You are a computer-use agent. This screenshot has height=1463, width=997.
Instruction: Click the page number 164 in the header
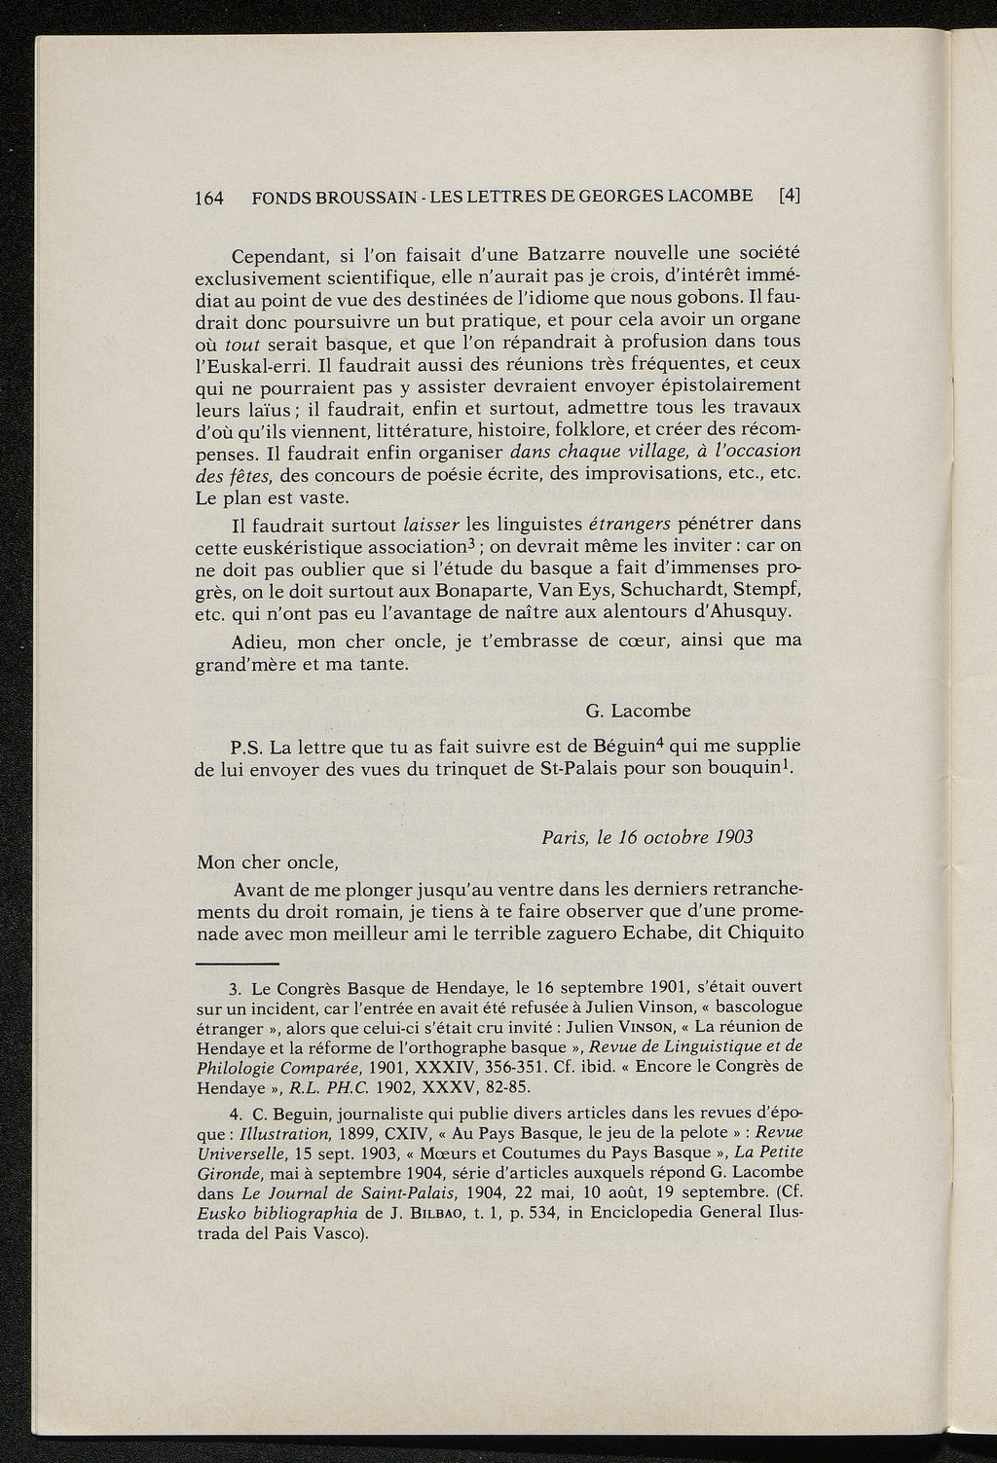point(210,197)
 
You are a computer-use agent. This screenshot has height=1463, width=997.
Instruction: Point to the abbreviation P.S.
point(248,749)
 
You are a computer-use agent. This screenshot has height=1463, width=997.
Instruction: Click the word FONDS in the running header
point(279,197)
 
